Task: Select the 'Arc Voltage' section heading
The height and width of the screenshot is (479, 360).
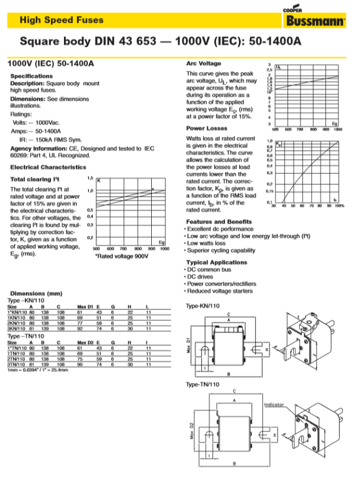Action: click(203, 63)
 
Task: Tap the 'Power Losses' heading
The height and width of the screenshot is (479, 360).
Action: click(207, 128)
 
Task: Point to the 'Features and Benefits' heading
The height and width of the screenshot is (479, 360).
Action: click(218, 222)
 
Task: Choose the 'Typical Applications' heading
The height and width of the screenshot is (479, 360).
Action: click(216, 262)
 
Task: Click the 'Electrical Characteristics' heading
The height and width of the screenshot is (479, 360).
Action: click(48, 167)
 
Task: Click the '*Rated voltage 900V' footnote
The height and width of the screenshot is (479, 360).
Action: click(121, 255)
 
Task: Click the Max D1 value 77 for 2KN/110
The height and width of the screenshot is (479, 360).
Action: click(80, 323)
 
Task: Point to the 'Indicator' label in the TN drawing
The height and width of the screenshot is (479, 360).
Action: click(274, 405)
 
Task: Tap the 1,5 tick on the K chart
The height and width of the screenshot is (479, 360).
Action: click(91, 178)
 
